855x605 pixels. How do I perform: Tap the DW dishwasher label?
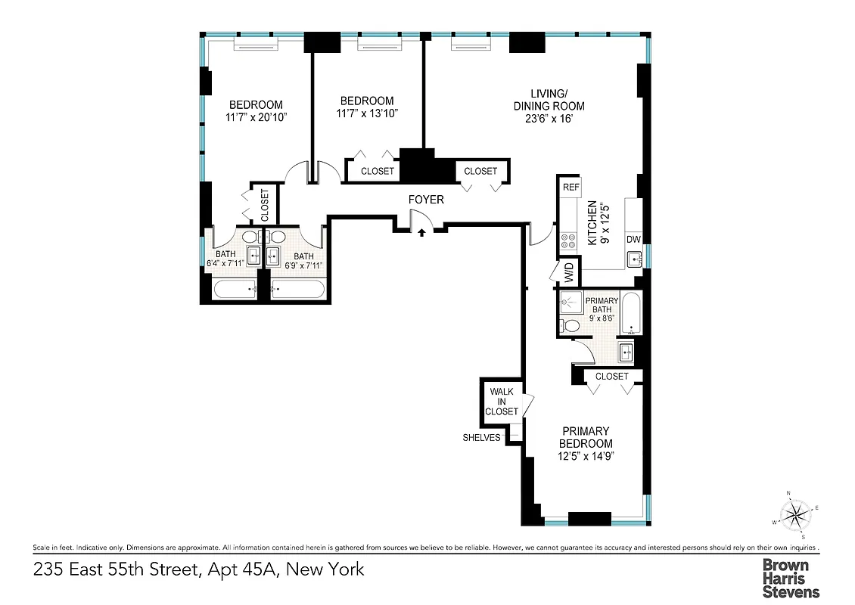(633, 240)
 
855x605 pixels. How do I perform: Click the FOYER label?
(426, 200)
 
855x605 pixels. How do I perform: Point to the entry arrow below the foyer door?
(420, 231)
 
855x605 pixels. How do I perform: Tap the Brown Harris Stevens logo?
(790, 578)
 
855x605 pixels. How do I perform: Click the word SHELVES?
(481, 437)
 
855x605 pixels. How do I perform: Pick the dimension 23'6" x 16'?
(548, 119)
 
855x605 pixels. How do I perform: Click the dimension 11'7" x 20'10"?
(256, 117)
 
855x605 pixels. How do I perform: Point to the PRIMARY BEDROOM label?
(586, 437)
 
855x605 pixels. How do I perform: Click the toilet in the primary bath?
(571, 326)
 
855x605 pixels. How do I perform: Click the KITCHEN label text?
(592, 223)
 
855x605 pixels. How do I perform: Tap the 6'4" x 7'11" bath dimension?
(225, 265)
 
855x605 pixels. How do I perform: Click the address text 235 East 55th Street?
(114, 569)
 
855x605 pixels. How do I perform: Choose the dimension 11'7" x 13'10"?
(366, 113)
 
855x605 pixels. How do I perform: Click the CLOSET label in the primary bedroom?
(611, 376)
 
